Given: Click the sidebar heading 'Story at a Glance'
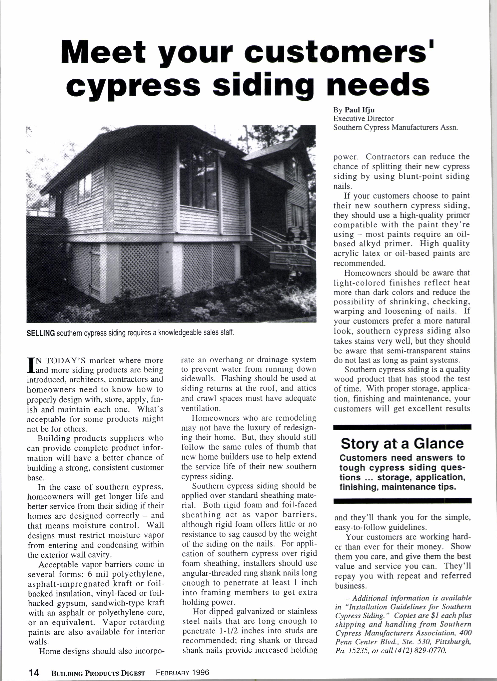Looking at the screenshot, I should [402, 443].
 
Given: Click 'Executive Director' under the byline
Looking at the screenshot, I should [363, 119].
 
